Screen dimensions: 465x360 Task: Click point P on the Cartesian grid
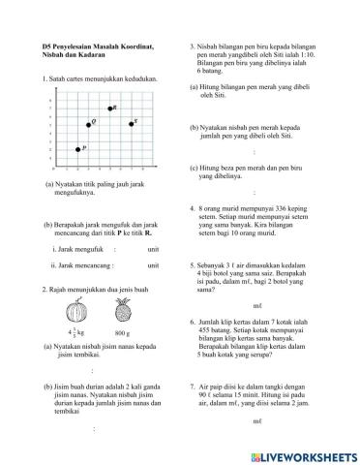(x=78, y=149)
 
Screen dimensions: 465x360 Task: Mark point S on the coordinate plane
(x=128, y=124)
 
